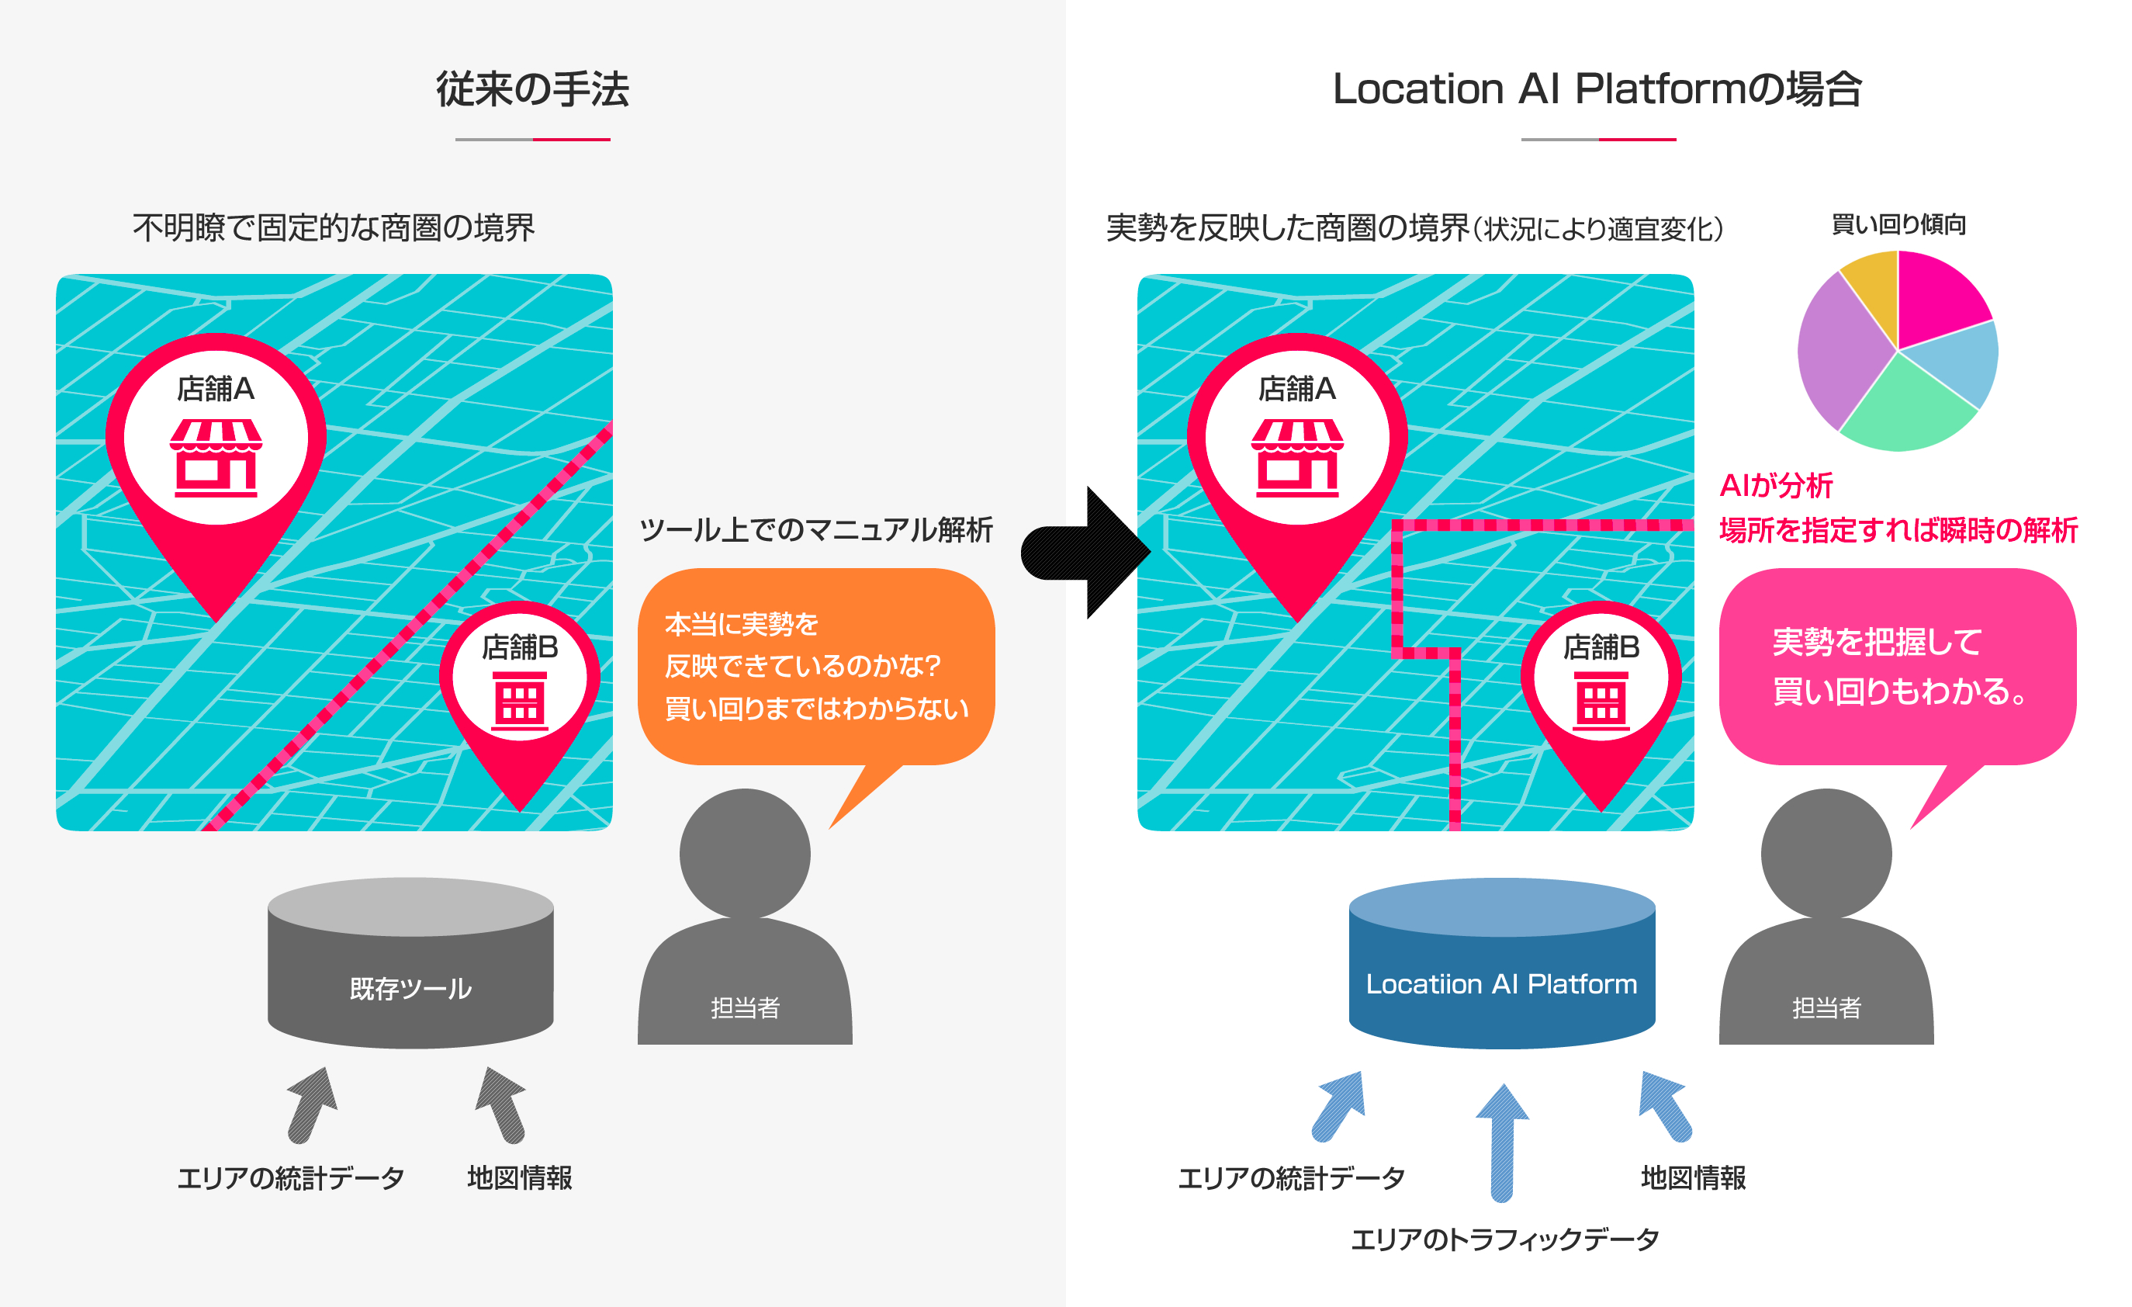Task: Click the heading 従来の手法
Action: click(x=532, y=89)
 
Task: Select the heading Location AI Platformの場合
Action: click(x=1597, y=89)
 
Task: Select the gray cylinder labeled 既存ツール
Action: click(x=410, y=965)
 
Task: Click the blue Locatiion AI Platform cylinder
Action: click(x=1501, y=965)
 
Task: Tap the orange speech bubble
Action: click(x=815, y=666)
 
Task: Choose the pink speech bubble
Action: click(x=1897, y=666)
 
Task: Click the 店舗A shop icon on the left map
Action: click(x=216, y=458)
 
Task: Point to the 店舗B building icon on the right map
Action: click(x=1601, y=700)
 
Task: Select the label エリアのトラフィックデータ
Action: click(x=1504, y=1239)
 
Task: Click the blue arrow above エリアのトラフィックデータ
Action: click(x=1502, y=1142)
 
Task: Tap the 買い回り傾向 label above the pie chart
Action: click(x=1898, y=225)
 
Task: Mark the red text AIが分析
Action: click(x=1776, y=486)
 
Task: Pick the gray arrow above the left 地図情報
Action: click(x=501, y=1104)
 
